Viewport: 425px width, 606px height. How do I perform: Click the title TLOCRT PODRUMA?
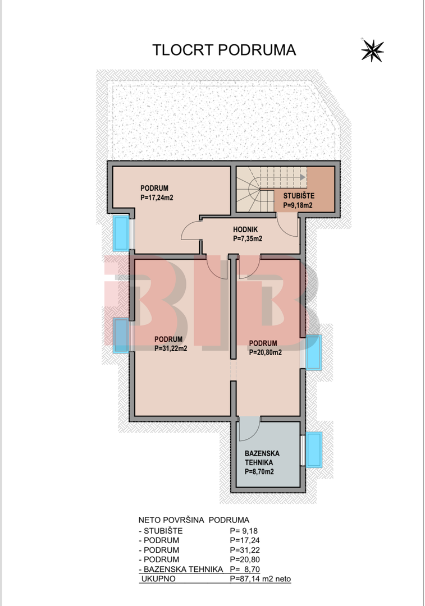pos(224,50)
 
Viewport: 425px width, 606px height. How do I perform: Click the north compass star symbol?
pos(372,50)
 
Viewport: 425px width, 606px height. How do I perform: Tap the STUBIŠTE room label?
pos(299,196)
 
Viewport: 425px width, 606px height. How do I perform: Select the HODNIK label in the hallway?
pos(245,230)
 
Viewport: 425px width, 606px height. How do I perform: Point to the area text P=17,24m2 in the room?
pos(157,198)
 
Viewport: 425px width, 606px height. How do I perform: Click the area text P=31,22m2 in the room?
pos(171,348)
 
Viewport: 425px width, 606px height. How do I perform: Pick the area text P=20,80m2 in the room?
pos(266,352)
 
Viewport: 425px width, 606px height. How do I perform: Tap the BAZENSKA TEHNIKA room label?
pos(262,458)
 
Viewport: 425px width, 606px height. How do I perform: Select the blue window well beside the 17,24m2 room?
pos(121,233)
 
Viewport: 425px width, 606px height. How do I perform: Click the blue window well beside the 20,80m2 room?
pos(314,352)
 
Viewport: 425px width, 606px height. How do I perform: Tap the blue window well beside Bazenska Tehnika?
pos(314,450)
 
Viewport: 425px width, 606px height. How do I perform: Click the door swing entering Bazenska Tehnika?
pos(249,429)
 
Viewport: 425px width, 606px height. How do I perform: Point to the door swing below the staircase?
pos(287,226)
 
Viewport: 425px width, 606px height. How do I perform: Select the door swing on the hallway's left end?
pos(191,229)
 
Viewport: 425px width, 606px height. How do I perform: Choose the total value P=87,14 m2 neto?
pos(261,579)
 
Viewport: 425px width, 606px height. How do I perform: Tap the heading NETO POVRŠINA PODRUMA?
pos(194,520)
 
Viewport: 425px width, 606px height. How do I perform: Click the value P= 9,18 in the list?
pos(244,531)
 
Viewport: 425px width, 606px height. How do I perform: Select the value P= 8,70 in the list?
pos(245,569)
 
